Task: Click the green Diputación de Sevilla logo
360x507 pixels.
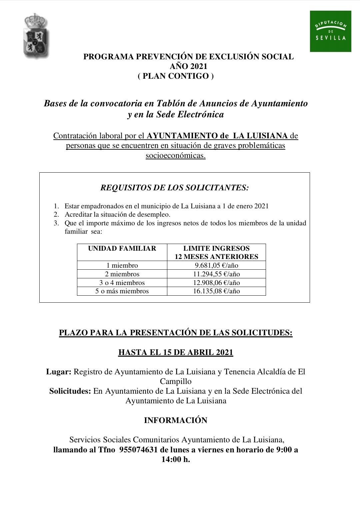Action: (330, 31)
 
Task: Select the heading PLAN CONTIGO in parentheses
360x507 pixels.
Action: (176, 76)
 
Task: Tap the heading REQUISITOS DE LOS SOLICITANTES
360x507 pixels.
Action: (175, 188)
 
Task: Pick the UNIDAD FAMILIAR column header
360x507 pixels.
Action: (122, 249)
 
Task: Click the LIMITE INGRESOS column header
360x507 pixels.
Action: (216, 252)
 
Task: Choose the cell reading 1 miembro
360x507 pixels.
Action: (122, 266)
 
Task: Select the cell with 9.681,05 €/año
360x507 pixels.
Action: (216, 266)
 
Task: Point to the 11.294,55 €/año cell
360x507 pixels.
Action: (216, 274)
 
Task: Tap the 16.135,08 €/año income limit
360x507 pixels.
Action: (216, 291)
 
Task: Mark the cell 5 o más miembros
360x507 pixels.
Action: (122, 291)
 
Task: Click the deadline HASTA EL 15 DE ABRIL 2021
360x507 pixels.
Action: (176, 353)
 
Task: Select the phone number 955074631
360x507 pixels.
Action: (138, 450)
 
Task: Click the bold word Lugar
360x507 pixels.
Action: (59, 372)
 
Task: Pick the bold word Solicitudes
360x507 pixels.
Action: (70, 391)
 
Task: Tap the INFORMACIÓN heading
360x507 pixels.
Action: (176, 421)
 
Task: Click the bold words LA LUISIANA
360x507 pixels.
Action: (260, 136)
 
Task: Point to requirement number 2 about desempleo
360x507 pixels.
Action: (117, 215)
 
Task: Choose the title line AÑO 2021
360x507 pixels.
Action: (188, 66)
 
